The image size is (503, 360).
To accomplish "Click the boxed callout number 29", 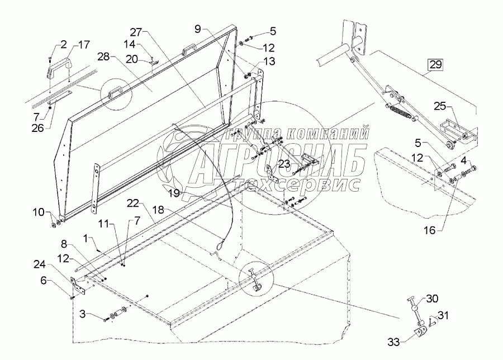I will pyautogui.click(x=435, y=64).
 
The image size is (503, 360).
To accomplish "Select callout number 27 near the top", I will pyautogui.click(x=137, y=32).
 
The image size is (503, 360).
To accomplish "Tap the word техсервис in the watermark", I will pyautogui.click(x=305, y=184).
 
